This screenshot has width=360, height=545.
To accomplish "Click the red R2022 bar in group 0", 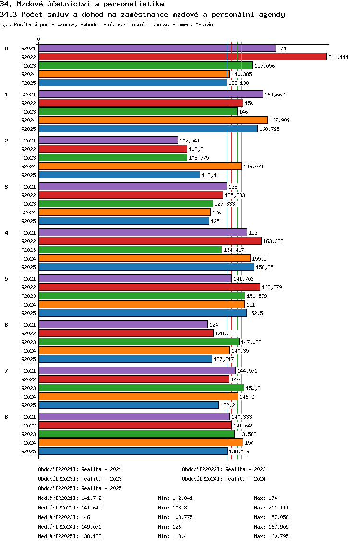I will (x=182, y=57).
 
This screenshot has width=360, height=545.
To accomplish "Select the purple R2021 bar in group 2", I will (x=108, y=140).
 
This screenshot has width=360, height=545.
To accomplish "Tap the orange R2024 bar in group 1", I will (x=153, y=120).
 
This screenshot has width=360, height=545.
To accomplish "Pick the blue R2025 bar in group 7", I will (x=129, y=405).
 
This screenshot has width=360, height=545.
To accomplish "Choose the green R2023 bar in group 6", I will (x=139, y=342).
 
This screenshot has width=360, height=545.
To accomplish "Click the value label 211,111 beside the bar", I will (x=338, y=57).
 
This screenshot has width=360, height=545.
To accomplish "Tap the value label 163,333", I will (x=273, y=241).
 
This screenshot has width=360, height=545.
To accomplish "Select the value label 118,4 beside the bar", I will (x=209, y=175).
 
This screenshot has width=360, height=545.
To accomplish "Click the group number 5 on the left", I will (x=6, y=279).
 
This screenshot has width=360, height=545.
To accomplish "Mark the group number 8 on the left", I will (x=6, y=417).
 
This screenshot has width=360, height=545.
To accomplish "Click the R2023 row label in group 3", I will (x=28, y=204).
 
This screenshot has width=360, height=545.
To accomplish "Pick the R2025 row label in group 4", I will (x=28, y=267).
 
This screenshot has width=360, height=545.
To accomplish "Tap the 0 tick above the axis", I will (x=39, y=39).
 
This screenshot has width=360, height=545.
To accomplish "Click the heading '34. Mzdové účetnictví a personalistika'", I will (x=82, y=4).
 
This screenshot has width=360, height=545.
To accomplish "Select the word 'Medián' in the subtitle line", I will (x=204, y=24).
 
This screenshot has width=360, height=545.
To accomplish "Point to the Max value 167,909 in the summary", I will (x=278, y=527).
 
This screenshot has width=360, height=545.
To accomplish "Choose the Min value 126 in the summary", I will (x=176, y=527).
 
